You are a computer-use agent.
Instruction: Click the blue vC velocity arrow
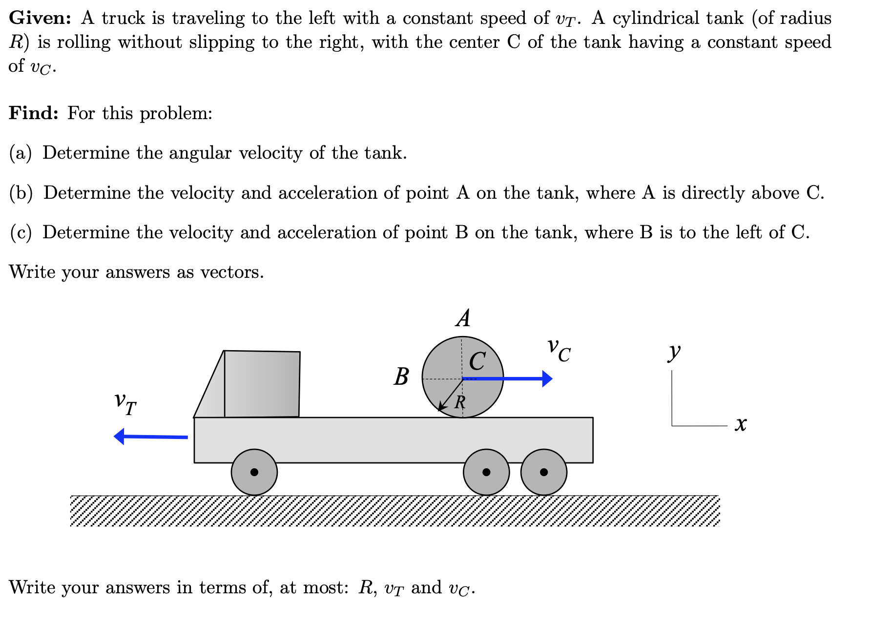coord(508,378)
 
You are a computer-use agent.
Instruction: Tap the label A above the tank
coord(463,318)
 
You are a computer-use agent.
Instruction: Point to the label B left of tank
coord(401,377)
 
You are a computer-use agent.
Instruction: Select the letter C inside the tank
coord(477,362)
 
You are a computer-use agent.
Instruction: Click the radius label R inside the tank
coord(460,402)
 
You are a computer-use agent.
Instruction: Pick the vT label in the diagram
coord(125,403)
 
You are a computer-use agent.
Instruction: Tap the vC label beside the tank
coord(559,350)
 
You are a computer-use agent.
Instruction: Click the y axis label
coord(674,351)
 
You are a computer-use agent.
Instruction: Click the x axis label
coord(741,424)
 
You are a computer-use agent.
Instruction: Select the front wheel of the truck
coord(254,472)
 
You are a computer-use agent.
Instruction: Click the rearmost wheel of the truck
coord(544,472)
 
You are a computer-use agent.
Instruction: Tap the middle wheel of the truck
coord(486,472)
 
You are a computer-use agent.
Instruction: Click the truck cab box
coord(262,384)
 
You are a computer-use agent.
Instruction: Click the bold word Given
coord(40,19)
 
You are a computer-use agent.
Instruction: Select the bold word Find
coord(34,113)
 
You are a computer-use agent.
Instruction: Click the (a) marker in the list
coord(21,153)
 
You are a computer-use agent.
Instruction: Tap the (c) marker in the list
coord(21,233)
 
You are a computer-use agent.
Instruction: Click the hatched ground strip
coord(394,511)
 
